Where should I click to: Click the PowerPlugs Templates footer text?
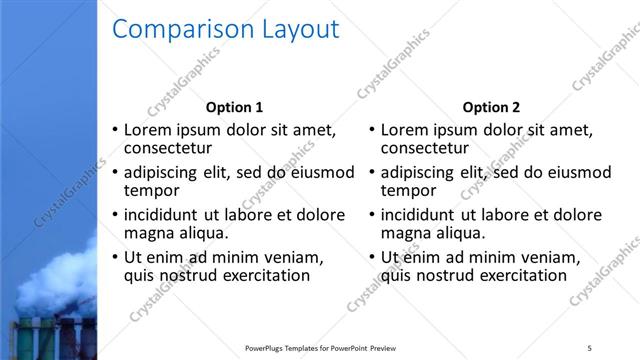pos(320,348)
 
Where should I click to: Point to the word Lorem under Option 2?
pos(405,130)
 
